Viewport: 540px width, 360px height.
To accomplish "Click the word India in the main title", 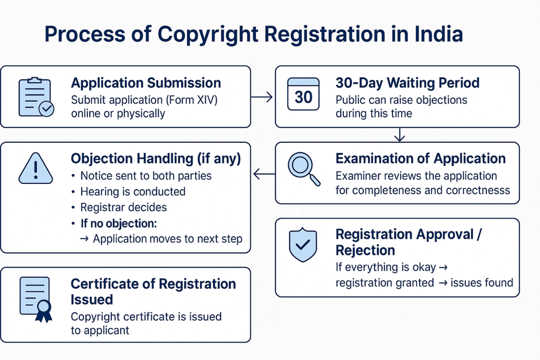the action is [x=438, y=34].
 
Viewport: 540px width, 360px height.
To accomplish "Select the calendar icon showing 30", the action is [x=303, y=94].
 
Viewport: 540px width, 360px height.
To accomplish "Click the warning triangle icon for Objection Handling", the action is [x=36, y=168].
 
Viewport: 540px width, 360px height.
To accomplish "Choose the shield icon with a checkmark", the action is [x=303, y=245].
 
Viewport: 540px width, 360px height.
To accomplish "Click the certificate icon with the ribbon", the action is [x=36, y=299].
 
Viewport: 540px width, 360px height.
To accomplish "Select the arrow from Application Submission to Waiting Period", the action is [x=262, y=98].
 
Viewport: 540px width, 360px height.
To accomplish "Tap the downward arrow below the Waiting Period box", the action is [x=400, y=134].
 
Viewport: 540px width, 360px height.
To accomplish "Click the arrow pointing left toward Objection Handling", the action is [x=264, y=174].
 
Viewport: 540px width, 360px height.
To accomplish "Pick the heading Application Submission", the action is [x=146, y=83].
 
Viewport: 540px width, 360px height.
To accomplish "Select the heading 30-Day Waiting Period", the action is [x=408, y=83].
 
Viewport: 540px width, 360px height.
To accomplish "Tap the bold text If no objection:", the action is [x=119, y=223].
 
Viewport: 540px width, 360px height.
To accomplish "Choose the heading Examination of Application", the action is [x=420, y=159].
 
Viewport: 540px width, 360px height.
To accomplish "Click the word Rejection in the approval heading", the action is [x=365, y=250].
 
